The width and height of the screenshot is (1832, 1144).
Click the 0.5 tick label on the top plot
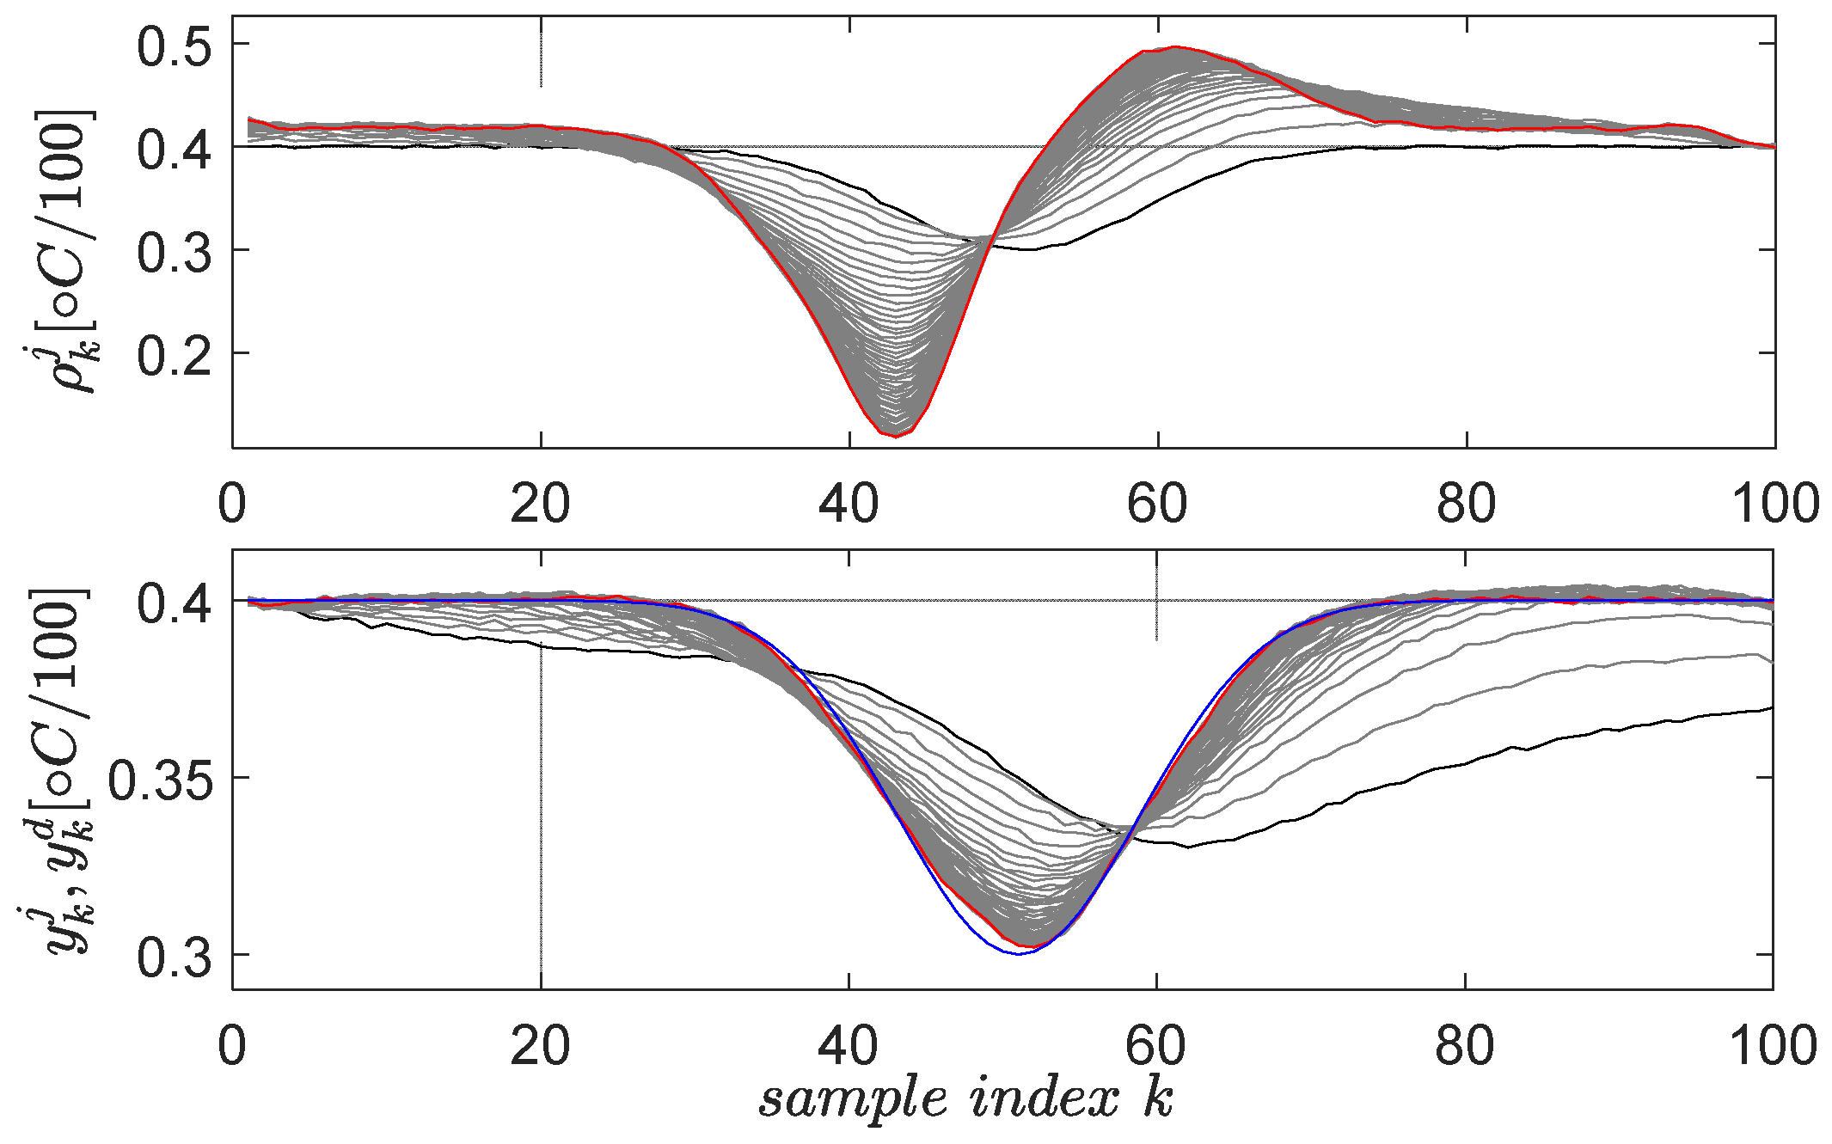(x=174, y=45)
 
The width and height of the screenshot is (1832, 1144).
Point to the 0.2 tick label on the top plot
(x=174, y=354)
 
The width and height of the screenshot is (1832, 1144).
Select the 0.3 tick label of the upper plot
(x=174, y=251)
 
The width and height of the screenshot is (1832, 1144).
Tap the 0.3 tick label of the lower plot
(x=174, y=956)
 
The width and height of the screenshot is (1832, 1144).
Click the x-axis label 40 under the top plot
(x=849, y=504)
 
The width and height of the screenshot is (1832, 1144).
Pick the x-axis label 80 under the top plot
(x=1466, y=504)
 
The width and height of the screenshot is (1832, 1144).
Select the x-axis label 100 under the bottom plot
(x=1773, y=1047)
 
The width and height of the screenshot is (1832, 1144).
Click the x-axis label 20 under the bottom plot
(x=540, y=1047)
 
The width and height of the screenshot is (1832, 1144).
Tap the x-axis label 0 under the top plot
(x=232, y=504)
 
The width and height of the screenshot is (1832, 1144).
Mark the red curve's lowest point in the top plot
(x=895, y=437)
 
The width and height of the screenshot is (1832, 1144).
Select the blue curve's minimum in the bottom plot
(x=1019, y=954)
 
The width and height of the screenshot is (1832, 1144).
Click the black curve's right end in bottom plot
(x=1771, y=708)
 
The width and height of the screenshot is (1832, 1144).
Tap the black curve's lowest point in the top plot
(x=1032, y=249)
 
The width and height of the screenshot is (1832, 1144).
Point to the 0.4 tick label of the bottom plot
(x=174, y=602)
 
